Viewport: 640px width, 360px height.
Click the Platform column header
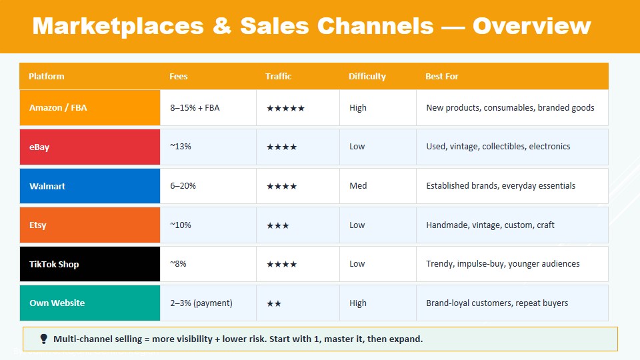pyautogui.click(x=46, y=76)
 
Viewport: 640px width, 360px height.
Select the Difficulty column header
pyautogui.click(x=367, y=76)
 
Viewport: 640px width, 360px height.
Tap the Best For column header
pyautogui.click(x=441, y=76)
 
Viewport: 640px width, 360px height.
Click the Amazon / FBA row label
pyautogui.click(x=58, y=108)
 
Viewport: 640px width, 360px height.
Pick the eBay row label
pyautogui.click(x=39, y=147)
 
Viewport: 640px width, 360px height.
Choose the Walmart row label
pyautogui.click(x=47, y=186)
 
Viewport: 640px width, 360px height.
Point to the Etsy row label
pyautogui.click(x=37, y=225)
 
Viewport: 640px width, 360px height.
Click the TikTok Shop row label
pyautogui.click(x=54, y=264)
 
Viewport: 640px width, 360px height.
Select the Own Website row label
pyautogui.click(x=57, y=303)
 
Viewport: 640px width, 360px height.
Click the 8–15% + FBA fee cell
pyautogui.click(x=195, y=108)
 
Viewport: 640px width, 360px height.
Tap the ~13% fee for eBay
pyautogui.click(x=181, y=147)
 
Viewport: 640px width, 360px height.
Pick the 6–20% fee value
pyautogui.click(x=183, y=186)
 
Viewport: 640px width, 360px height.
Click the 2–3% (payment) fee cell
pyautogui.click(x=201, y=303)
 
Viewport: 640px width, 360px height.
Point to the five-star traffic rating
pyautogui.click(x=286, y=108)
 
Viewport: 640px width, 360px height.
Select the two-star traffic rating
pyautogui.click(x=274, y=304)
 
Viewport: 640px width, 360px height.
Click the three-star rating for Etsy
pyautogui.click(x=278, y=226)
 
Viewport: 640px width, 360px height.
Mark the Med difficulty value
pyautogui.click(x=358, y=186)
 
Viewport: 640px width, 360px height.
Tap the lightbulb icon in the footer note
pyautogui.click(x=44, y=339)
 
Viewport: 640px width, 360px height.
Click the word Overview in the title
pyautogui.click(x=532, y=26)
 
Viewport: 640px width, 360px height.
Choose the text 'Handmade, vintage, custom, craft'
pyautogui.click(x=490, y=225)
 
